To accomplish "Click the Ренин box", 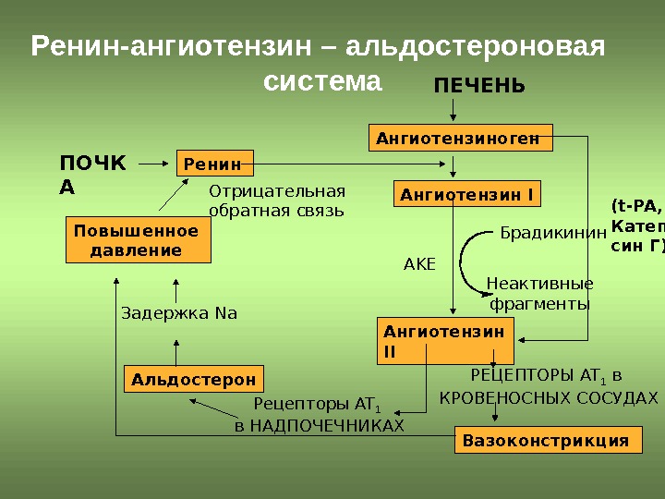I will coord(214,164).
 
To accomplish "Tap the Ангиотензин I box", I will coord(467,195).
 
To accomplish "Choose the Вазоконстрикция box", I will coord(546,441).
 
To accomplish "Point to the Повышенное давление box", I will coord(137,240).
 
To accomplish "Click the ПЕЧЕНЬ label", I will coord(478,87).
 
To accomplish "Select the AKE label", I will coord(419,265).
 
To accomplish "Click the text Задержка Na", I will coord(179,313).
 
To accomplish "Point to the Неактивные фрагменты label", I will coord(539,293).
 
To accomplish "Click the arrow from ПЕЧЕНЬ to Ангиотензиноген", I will coord(453,110).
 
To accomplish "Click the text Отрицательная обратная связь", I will coord(276,201).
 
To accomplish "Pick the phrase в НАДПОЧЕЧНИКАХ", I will coord(320,425).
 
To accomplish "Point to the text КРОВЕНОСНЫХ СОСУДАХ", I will coord(548,398).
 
